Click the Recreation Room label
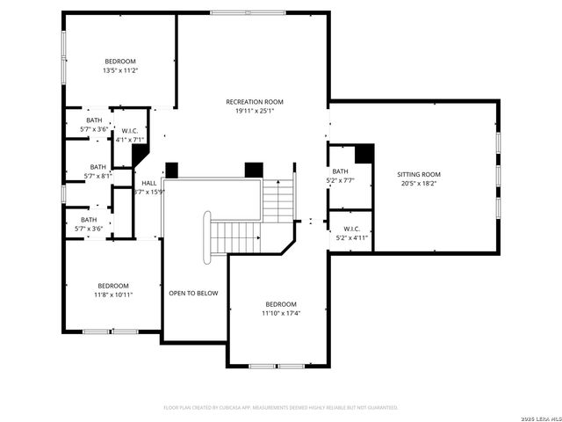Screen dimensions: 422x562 click(x=255, y=102)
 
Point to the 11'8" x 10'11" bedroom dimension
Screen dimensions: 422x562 click(x=113, y=295)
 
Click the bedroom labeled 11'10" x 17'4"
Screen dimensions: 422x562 click(x=281, y=304)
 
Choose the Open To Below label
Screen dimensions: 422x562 click(x=193, y=293)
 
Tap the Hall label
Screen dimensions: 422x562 click(x=148, y=183)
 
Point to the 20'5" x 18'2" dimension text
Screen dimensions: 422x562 click(x=419, y=184)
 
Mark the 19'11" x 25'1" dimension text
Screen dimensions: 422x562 click(x=255, y=111)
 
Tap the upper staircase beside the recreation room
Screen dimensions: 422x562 click(x=278, y=200)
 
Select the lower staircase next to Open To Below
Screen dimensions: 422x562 click(x=234, y=235)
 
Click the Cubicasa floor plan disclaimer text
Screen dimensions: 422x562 click(x=281, y=407)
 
